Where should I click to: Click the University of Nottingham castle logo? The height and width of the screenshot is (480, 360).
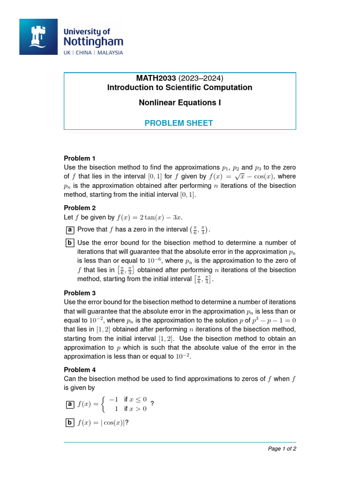click(x=38, y=37)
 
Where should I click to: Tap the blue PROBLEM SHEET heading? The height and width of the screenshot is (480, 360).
click(x=179, y=123)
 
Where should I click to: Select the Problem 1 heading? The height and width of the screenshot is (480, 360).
click(x=80, y=158)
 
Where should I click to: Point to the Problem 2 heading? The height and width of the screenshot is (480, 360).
click(x=80, y=208)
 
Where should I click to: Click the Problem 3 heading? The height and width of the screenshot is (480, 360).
click(x=80, y=293)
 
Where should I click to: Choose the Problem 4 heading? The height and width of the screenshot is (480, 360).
click(x=80, y=370)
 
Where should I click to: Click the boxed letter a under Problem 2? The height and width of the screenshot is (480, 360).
click(x=69, y=230)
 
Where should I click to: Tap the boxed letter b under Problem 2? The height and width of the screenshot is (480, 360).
click(x=69, y=243)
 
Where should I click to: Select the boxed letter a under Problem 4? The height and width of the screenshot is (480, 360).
click(x=69, y=404)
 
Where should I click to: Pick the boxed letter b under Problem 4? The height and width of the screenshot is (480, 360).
click(x=69, y=423)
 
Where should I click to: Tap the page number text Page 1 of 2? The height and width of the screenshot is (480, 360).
click(x=282, y=449)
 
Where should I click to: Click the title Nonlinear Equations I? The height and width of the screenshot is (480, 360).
click(x=180, y=102)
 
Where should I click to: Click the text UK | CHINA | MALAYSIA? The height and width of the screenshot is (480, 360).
click(x=93, y=52)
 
